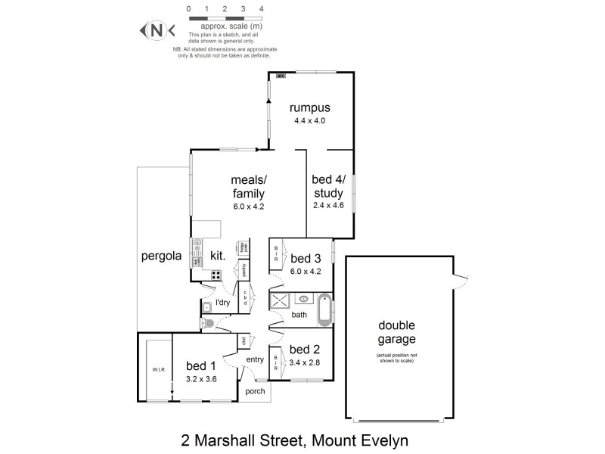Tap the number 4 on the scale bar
(x=261, y=9)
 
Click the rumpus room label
(x=310, y=107)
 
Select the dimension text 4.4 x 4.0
(x=310, y=121)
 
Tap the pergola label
(x=162, y=256)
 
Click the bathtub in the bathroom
(x=325, y=309)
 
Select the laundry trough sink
(x=206, y=306)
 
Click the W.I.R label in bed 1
(x=157, y=368)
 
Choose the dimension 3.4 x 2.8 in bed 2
(x=305, y=362)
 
